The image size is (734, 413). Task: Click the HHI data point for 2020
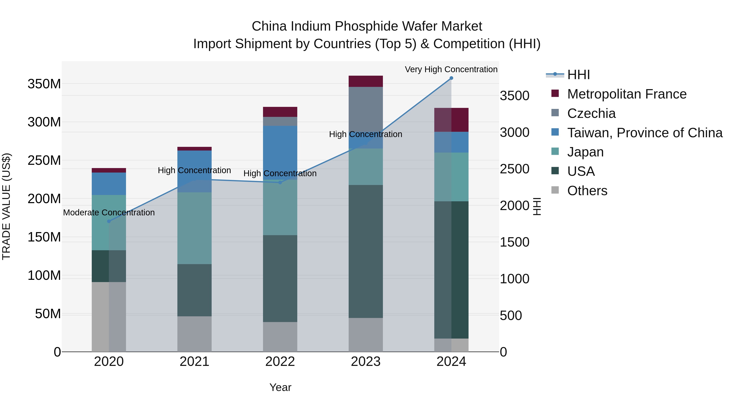(x=109, y=221)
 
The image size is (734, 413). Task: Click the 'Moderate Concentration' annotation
(x=109, y=213)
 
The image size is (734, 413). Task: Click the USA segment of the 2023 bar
(x=366, y=251)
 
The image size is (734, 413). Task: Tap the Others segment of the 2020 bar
(x=109, y=316)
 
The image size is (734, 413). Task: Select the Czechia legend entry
(x=591, y=113)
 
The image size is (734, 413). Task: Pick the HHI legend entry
(x=578, y=75)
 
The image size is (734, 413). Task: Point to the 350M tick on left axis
(x=44, y=84)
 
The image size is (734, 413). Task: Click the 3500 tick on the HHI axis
(x=515, y=96)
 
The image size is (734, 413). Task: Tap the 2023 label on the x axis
(x=366, y=362)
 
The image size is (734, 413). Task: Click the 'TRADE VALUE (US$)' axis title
(x=6, y=206)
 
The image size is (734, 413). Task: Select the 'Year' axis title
(x=280, y=387)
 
